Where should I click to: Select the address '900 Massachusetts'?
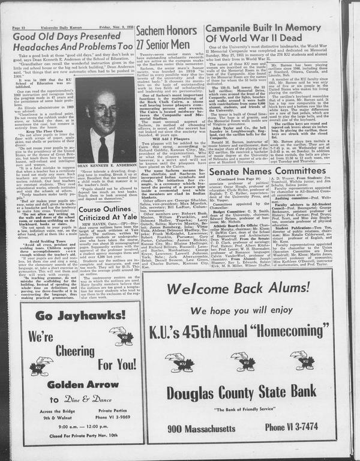(x=200, y=427)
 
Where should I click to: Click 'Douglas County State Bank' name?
(x=247, y=393)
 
